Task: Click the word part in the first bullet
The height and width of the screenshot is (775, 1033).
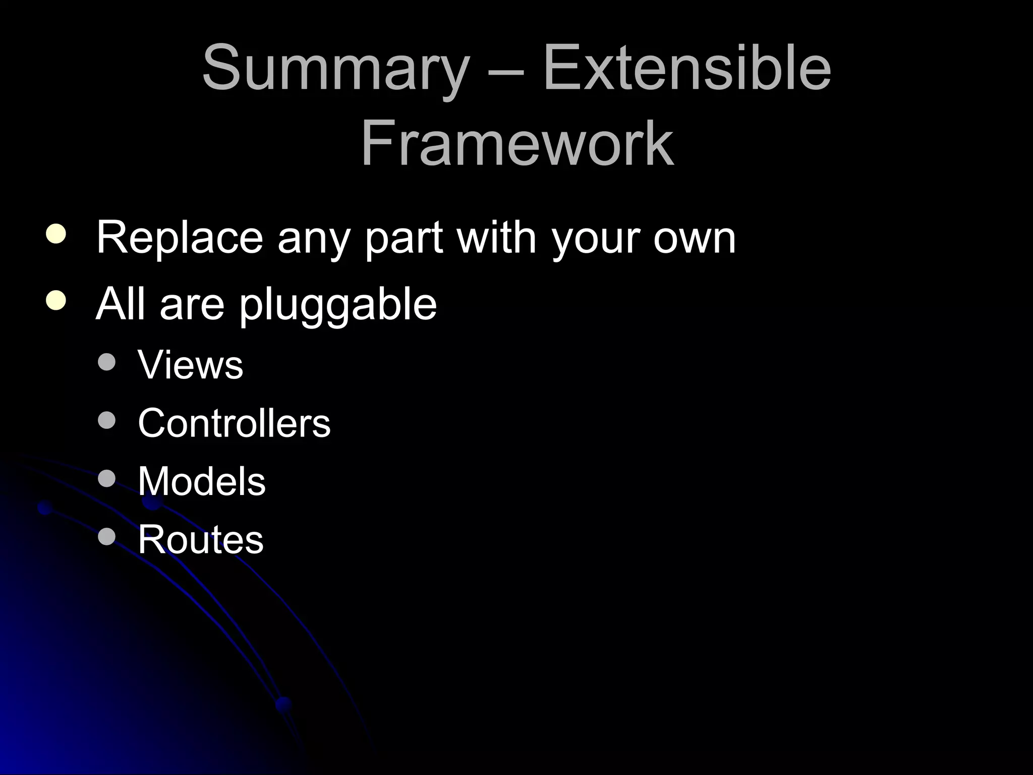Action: click(x=404, y=238)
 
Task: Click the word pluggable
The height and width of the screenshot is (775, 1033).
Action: click(x=337, y=306)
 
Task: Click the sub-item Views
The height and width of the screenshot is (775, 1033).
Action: click(x=190, y=364)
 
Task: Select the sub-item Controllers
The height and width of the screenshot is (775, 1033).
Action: click(x=234, y=423)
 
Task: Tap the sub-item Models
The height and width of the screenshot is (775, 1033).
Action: click(x=201, y=481)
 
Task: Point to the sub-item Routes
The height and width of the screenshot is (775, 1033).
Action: click(x=200, y=539)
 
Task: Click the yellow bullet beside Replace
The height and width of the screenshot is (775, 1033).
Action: click(x=55, y=235)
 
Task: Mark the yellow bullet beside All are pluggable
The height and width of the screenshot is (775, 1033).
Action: click(x=55, y=300)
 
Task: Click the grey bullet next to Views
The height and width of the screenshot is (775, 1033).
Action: click(x=107, y=362)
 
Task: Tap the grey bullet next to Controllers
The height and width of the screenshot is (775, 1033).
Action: click(x=107, y=420)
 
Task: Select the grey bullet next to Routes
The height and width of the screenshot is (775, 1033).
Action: click(x=107, y=536)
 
